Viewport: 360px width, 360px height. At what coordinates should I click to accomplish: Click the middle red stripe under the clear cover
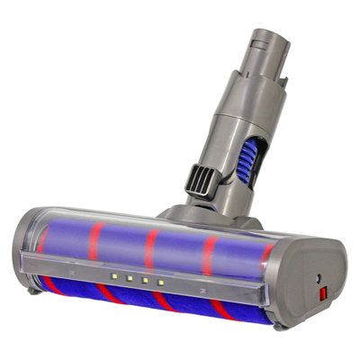pos(151,247)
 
